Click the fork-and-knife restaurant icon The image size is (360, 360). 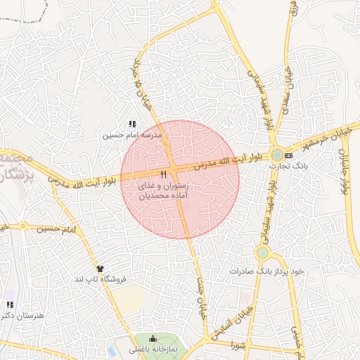tap(164, 174)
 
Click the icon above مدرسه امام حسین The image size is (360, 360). tap(132, 124)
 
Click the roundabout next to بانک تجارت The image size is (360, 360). tap(278, 154)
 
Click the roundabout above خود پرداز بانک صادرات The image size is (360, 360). tap(262, 252)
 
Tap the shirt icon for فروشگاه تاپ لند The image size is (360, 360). tap(100, 269)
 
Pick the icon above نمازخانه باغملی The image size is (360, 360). tap(153, 339)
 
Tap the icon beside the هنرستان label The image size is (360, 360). tap(10, 305)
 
